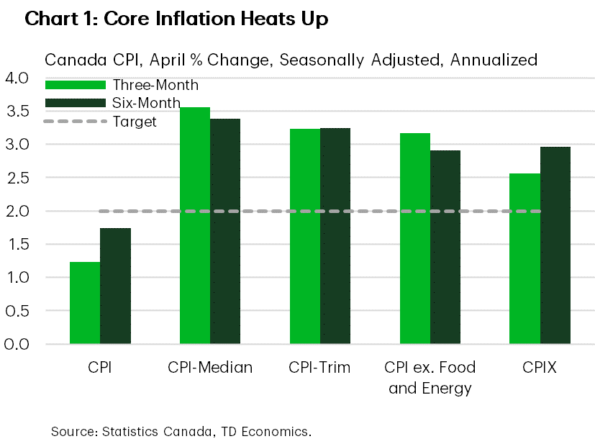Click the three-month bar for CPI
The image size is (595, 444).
click(85, 302)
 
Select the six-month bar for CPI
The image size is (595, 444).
click(115, 286)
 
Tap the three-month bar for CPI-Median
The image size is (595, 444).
click(195, 225)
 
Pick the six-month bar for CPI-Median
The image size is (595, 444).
click(225, 231)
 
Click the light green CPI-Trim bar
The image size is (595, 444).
click(305, 236)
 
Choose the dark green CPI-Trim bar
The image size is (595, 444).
click(335, 235)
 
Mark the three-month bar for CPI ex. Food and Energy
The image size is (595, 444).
click(415, 238)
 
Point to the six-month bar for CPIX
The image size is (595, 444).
click(555, 245)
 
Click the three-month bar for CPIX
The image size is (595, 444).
click(524, 258)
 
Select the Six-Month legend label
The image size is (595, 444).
click(146, 103)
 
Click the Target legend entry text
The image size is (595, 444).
click(135, 122)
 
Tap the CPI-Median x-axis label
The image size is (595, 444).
click(210, 368)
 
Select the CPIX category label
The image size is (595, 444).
click(540, 368)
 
